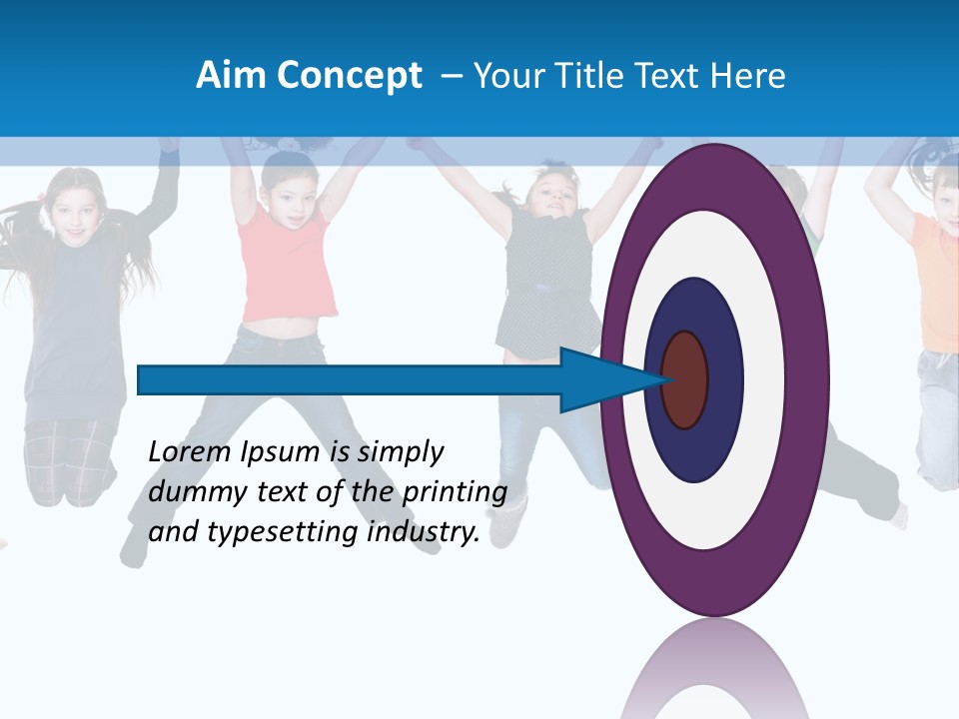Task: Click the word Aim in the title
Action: (x=225, y=75)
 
